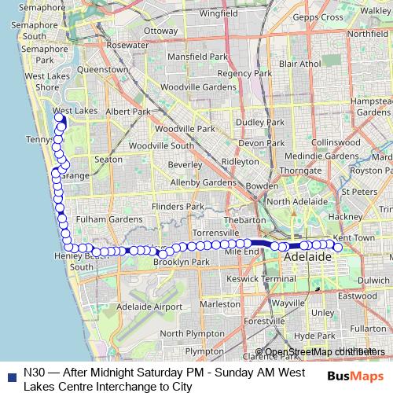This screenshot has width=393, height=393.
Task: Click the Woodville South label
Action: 161,145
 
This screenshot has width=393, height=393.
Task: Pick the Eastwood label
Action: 358,296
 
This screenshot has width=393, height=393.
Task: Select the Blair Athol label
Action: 300,63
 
